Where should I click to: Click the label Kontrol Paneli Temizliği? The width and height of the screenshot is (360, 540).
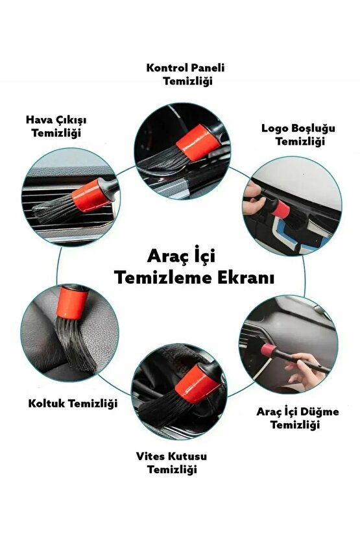coord(180,75)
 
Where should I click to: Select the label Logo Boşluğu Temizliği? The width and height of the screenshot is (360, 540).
coord(293,134)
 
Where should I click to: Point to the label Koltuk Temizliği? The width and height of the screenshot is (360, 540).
coord(73,403)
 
